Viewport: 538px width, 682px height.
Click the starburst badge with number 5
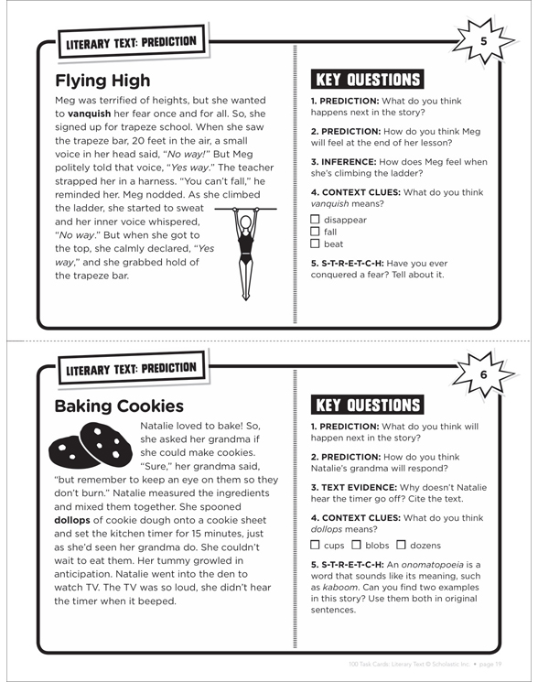pos(484,41)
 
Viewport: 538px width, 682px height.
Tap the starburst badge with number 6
pos(484,374)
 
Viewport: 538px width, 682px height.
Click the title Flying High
pos(102,81)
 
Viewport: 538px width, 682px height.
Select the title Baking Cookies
pos(119,406)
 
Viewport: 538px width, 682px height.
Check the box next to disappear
pos(315,219)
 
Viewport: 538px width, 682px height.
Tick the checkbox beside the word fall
pos(315,232)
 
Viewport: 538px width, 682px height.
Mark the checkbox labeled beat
pos(315,244)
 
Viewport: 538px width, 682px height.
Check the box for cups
pos(315,545)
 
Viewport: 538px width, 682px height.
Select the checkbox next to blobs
pos(356,545)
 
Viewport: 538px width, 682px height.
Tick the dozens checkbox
pos(401,545)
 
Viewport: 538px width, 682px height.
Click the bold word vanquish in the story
pos(89,114)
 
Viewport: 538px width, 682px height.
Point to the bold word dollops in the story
pos(72,520)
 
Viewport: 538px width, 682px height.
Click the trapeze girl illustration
pos(246,254)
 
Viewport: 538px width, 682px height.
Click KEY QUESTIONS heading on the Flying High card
pos(368,80)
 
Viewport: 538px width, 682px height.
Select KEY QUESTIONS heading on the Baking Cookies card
pos(368,405)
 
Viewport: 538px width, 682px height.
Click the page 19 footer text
pos(490,665)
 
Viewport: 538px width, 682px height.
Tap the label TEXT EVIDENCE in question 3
pos(359,487)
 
